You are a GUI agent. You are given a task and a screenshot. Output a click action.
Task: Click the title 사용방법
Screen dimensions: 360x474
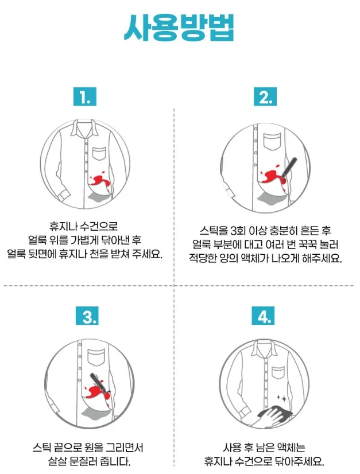[x=179, y=28]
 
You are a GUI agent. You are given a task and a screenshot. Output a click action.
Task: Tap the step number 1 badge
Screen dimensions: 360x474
[x=85, y=97]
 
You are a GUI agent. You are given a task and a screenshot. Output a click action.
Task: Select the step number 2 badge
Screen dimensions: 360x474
[x=265, y=97]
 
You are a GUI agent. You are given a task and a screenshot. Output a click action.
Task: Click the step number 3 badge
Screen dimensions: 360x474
[x=87, y=316]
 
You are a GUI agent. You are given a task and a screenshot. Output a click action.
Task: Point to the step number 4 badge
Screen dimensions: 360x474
[x=263, y=316]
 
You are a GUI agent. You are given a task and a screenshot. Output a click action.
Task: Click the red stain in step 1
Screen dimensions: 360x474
[x=99, y=181]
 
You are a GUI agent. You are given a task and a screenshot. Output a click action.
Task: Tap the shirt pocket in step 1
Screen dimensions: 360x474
[x=99, y=154]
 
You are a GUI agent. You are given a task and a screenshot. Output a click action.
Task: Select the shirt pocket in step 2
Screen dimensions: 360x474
[x=272, y=142]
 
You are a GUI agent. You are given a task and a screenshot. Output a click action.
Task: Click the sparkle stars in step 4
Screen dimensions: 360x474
[x=282, y=398]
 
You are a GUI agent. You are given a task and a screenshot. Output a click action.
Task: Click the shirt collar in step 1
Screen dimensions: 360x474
[x=86, y=129]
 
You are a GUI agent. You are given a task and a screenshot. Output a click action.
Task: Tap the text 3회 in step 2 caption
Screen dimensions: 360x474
[x=238, y=231]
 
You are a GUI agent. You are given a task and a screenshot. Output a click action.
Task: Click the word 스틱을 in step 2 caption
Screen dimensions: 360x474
[x=214, y=231]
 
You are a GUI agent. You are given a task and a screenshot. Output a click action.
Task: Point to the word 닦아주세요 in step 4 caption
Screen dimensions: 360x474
[x=300, y=461]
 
